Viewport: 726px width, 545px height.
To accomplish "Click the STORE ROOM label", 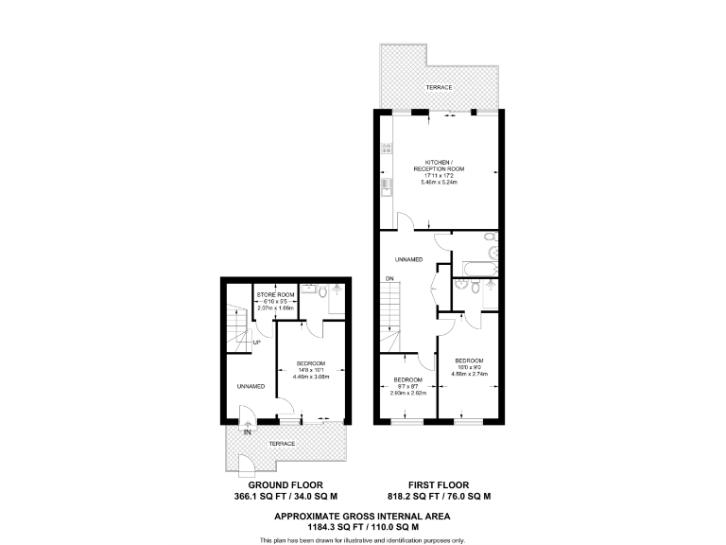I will click(x=277, y=293).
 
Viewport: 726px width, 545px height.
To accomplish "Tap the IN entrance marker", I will click(x=247, y=432).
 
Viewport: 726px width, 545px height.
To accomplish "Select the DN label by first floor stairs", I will click(x=389, y=278).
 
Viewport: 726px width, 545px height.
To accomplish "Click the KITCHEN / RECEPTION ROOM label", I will click(x=437, y=166).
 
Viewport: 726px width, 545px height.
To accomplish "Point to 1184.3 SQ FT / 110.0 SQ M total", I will click(x=362, y=526).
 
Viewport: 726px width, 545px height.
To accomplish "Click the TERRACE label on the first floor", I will click(x=439, y=87).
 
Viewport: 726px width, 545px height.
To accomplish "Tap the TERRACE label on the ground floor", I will click(x=282, y=444).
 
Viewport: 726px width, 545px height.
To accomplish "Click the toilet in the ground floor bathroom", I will click(x=323, y=294).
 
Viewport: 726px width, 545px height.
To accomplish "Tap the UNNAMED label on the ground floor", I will click(x=250, y=386).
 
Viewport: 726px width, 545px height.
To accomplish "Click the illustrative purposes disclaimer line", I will click(x=362, y=539).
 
